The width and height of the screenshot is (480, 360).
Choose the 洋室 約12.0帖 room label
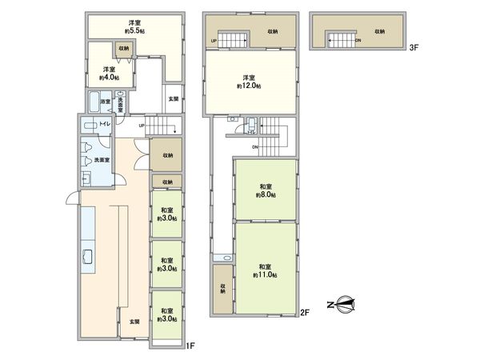tap(243, 82)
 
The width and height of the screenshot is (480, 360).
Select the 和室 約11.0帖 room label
tap(266, 270)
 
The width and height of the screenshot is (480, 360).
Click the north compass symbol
tap(342, 303)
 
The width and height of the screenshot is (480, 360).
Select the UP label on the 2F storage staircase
tap(214, 40)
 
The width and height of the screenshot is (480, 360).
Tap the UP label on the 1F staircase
tap(142, 125)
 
